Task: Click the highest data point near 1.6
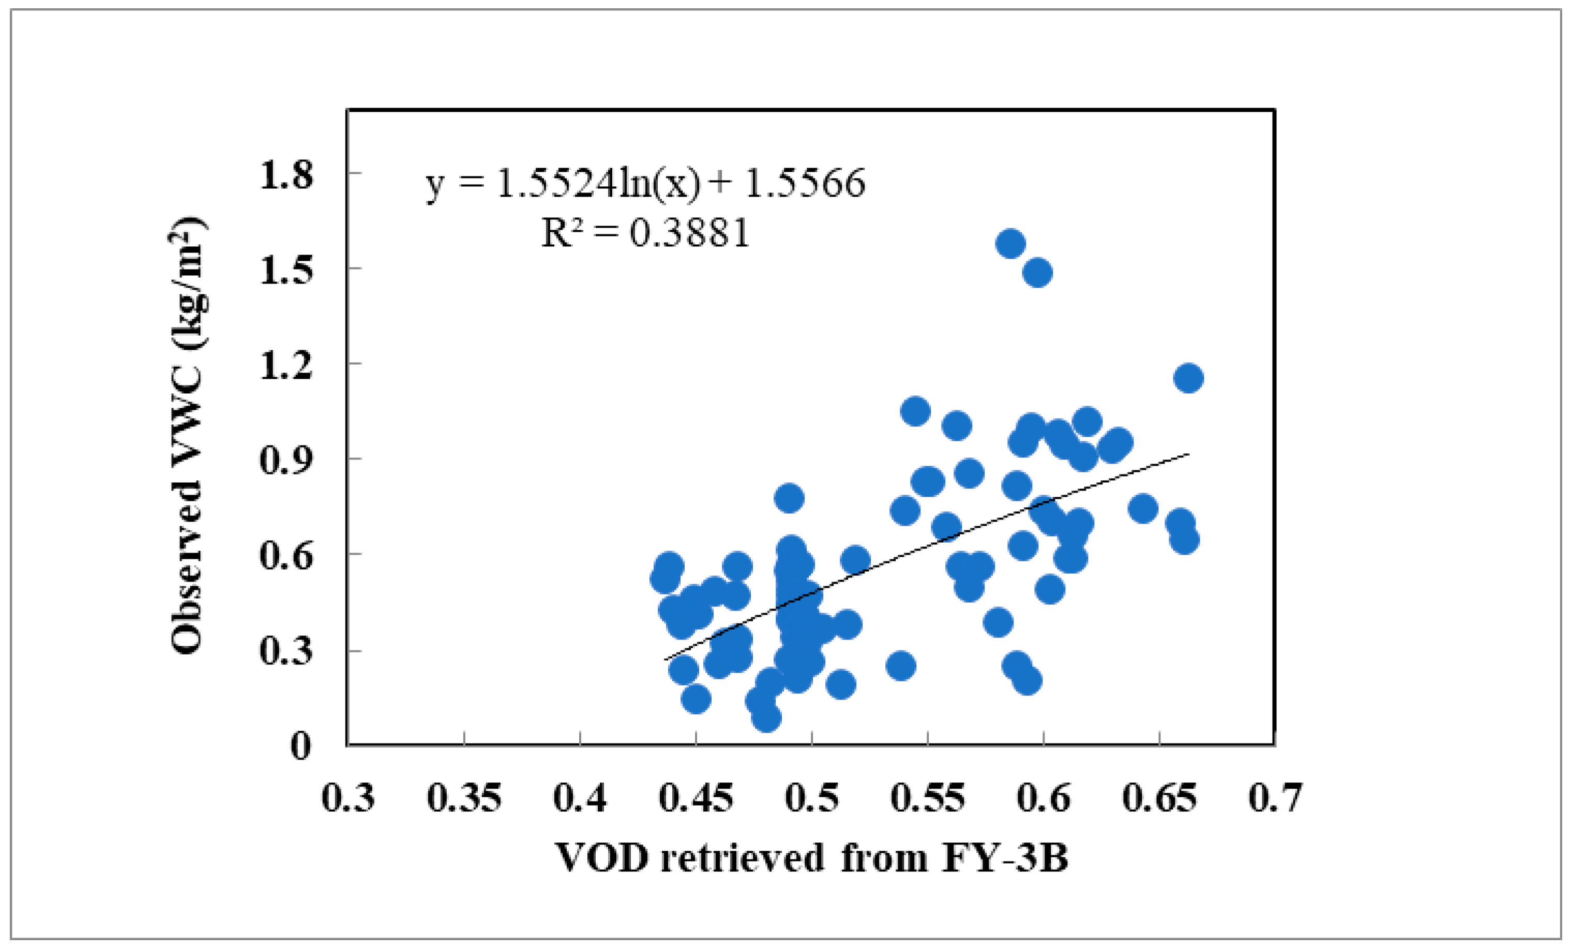[x=1010, y=243]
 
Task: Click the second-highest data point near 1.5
[x=1037, y=273]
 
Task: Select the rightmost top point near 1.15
[x=1188, y=378]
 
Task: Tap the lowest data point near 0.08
[x=766, y=718]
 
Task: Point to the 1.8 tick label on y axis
[x=286, y=174]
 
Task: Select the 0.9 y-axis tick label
[x=286, y=459]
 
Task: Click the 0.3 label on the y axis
[x=286, y=650]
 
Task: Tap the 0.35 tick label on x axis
[x=464, y=798]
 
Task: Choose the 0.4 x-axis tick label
[x=579, y=798]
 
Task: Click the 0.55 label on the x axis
[x=928, y=798]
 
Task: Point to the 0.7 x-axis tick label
[x=1274, y=798]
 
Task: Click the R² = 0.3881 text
[x=644, y=232]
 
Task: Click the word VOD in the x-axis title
[x=602, y=857]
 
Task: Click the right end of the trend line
[x=1187, y=454]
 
